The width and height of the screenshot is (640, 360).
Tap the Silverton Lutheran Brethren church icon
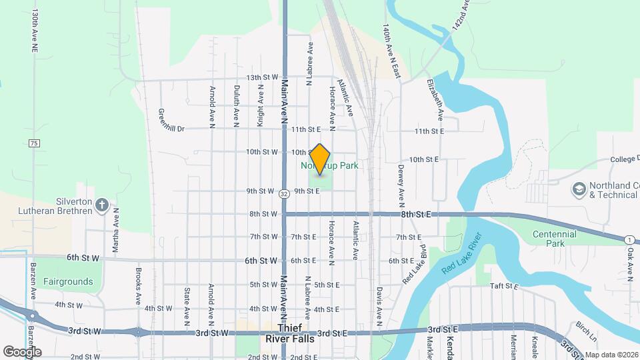tap(102, 205)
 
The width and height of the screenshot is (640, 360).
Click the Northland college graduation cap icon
tap(579, 189)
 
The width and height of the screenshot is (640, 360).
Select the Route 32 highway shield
tap(285, 194)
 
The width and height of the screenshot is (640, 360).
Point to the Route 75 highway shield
tap(34, 143)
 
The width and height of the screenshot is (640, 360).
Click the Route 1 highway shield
tap(629, 239)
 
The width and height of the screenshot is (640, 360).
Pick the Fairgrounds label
tap(68, 281)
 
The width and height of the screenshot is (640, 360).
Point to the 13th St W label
tap(262, 77)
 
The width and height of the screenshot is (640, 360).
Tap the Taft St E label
tap(504, 285)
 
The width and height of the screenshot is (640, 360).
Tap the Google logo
tap(23, 351)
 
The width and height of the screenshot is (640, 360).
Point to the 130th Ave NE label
tap(33, 31)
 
